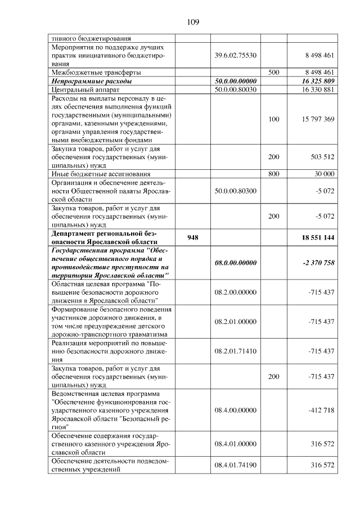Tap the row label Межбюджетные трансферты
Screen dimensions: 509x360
point(96,73)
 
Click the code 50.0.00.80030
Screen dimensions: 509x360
point(236,89)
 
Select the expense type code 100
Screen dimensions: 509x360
point(274,119)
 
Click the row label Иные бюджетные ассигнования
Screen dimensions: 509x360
point(101,174)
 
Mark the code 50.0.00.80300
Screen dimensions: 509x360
point(236,191)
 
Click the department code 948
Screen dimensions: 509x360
point(193,237)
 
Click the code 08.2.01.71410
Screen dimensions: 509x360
point(236,351)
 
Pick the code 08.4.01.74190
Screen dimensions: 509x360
point(236,465)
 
